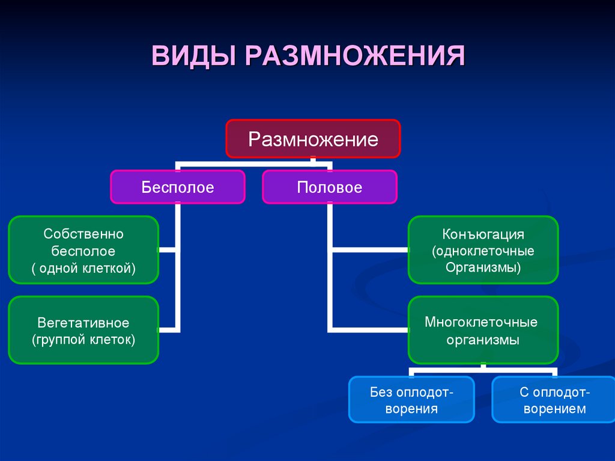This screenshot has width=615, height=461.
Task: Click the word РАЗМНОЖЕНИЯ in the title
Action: point(354,57)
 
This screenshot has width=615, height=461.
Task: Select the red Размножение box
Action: point(313,139)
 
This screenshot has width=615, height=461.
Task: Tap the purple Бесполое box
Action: point(178,187)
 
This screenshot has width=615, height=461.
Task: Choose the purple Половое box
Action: point(330,187)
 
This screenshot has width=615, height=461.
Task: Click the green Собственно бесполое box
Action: point(83,250)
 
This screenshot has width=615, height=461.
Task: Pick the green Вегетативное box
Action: point(83,331)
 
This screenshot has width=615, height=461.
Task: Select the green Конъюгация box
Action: point(483,250)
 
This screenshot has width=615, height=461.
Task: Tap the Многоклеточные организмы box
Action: point(483,331)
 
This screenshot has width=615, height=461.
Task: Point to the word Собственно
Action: point(83,233)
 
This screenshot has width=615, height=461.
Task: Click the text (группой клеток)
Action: point(83,340)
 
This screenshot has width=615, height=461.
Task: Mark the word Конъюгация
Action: point(483,233)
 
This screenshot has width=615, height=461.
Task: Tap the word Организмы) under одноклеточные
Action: point(483,267)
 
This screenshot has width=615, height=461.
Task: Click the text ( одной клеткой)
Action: point(83,268)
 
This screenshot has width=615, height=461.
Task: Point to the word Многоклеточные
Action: point(481,322)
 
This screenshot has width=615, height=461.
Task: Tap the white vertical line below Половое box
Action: point(330,228)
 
